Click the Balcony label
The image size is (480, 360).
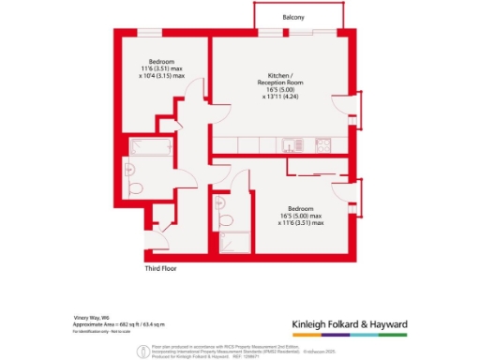pos(293,18)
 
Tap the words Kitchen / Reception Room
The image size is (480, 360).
pos(278,79)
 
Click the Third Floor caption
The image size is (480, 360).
pos(160,268)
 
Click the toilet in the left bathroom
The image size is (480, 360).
pos(138,187)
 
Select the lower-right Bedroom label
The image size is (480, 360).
pos(301,208)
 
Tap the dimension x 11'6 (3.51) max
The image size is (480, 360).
pos(301,223)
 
